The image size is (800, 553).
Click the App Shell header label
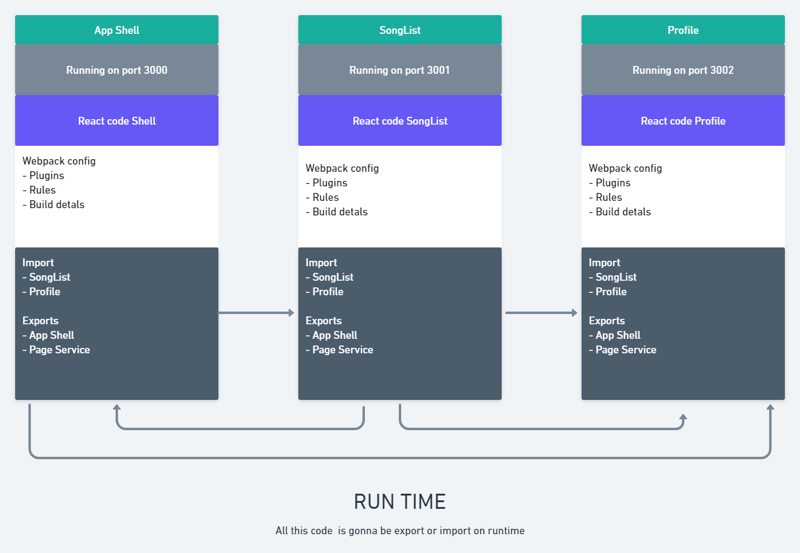pyautogui.click(x=117, y=30)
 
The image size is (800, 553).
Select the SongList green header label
pyautogui.click(x=399, y=30)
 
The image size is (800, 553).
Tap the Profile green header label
pyautogui.click(x=683, y=30)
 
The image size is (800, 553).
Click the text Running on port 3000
pyautogui.click(x=117, y=70)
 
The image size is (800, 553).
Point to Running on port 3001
pyautogui.click(x=399, y=70)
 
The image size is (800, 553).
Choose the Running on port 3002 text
pyautogui.click(x=683, y=70)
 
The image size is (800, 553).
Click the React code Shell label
pyautogui.click(x=117, y=121)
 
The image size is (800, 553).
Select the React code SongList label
pyautogui.click(x=399, y=121)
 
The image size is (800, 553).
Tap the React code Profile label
pyautogui.click(x=683, y=121)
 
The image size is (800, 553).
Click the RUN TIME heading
pyautogui.click(x=399, y=502)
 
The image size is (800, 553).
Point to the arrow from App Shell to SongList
pyautogui.click(x=256, y=313)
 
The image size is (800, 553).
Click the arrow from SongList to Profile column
pyautogui.click(x=541, y=313)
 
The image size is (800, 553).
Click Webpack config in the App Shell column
pyautogui.click(x=59, y=161)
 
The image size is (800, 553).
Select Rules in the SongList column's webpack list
pyautogui.click(x=326, y=197)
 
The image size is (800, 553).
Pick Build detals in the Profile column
pyautogui.click(x=623, y=212)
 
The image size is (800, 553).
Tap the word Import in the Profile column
pyautogui.click(x=604, y=263)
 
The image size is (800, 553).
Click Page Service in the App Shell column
pyautogui.click(x=59, y=350)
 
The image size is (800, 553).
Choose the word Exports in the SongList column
pyautogui.click(x=323, y=321)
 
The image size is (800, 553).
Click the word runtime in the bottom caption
pyautogui.click(x=506, y=531)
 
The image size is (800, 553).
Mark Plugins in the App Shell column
pyautogui.click(x=47, y=175)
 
